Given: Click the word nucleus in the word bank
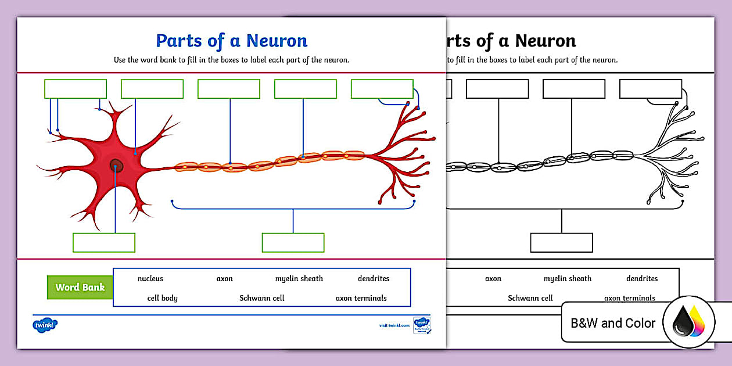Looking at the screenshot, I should click(150, 279).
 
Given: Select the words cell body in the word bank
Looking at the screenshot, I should click(163, 298).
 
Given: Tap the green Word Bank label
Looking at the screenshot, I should click(80, 288).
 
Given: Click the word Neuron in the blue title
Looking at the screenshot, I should click(277, 41).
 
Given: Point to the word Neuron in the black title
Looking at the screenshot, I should click(546, 41).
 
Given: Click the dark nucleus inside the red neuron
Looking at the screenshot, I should click(116, 166).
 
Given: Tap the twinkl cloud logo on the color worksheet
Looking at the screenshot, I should click(45, 324).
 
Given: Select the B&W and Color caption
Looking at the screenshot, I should click(613, 323).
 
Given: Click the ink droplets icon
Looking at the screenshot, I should click(689, 323).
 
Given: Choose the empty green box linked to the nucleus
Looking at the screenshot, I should click(104, 242).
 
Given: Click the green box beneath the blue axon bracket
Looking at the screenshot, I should click(293, 242).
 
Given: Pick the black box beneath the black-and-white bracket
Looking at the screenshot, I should click(561, 242).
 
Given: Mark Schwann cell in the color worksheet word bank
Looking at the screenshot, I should click(262, 298).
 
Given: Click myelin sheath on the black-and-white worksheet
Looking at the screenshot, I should click(568, 279).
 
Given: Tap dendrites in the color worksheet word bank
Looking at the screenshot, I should click(374, 279).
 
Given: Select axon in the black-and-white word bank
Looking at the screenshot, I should click(493, 279).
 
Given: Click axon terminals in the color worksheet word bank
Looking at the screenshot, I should click(361, 298).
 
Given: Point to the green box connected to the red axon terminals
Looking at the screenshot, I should click(382, 89).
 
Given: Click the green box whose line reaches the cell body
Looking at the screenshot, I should click(152, 89).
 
